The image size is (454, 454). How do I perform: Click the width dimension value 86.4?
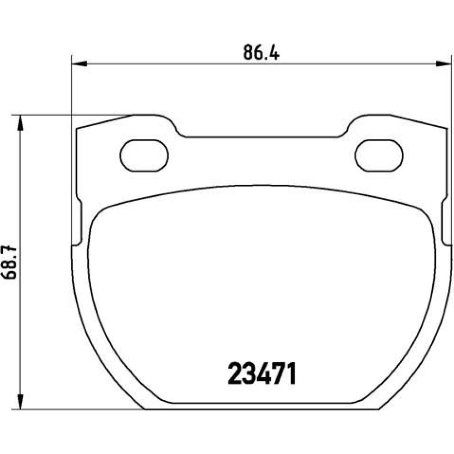click(x=261, y=52)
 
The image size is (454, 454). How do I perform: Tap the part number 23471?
click(x=262, y=373)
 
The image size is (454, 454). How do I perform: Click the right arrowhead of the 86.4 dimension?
click(x=444, y=64)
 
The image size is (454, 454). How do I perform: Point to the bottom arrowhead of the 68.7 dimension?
click(x=20, y=401)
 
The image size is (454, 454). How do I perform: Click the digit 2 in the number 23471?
click(x=235, y=373)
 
